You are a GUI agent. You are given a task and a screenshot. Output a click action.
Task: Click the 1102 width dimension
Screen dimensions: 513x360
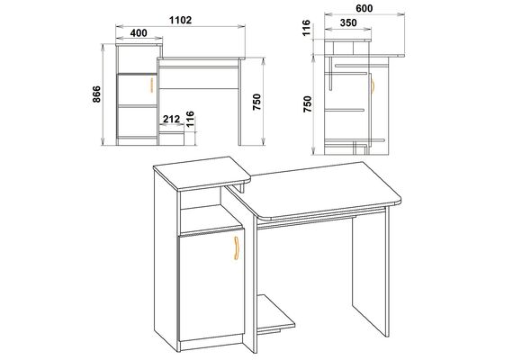[x=180, y=21]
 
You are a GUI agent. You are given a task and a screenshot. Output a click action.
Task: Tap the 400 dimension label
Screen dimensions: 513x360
[x=139, y=33]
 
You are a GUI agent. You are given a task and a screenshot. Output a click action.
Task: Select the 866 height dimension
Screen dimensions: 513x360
[x=97, y=94]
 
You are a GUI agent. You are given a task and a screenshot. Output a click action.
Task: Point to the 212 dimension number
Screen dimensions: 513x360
[x=171, y=119]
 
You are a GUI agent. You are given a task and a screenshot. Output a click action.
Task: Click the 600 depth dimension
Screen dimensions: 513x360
[x=364, y=8]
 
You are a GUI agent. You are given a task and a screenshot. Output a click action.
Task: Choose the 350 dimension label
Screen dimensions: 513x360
[x=348, y=22]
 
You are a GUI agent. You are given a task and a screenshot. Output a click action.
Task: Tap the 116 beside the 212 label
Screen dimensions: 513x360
[x=190, y=119]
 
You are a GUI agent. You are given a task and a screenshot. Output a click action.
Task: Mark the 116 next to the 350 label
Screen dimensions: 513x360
[x=306, y=28]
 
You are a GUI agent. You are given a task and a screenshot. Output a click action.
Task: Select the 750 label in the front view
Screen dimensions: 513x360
[x=256, y=102]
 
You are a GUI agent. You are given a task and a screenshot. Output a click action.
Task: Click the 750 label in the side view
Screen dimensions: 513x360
[x=308, y=104]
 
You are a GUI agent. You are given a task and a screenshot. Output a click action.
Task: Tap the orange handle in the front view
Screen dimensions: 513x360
[x=151, y=85]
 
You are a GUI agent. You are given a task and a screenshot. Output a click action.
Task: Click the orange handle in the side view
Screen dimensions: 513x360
[x=373, y=85]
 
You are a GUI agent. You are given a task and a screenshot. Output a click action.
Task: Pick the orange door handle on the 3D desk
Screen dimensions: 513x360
[x=237, y=248]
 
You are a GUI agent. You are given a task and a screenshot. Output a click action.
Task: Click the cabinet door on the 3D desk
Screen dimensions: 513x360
[x=211, y=284]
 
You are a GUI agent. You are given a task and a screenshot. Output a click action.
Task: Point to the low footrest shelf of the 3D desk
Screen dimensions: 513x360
[x=275, y=313]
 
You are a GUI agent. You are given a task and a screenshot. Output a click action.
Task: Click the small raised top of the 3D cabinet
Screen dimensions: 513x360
[x=202, y=174]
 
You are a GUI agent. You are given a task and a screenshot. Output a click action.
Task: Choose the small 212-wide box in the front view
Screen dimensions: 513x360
[x=171, y=139]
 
